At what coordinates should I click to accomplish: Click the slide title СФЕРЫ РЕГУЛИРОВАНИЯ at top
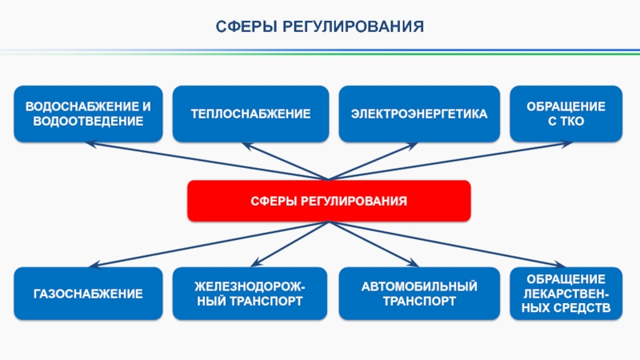319,28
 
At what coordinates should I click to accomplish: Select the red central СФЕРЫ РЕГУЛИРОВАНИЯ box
328,200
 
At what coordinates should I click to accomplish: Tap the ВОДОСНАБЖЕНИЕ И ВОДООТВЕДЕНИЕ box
88,114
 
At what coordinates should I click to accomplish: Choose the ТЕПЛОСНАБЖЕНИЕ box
250,114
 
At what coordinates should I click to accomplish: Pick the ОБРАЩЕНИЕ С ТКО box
566,114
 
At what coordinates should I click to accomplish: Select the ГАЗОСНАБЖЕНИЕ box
88,294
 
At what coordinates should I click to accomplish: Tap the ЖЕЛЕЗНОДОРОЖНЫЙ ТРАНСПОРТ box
250,294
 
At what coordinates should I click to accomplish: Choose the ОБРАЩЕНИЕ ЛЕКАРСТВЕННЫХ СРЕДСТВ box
566,294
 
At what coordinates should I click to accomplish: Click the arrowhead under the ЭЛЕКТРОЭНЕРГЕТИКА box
414,145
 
